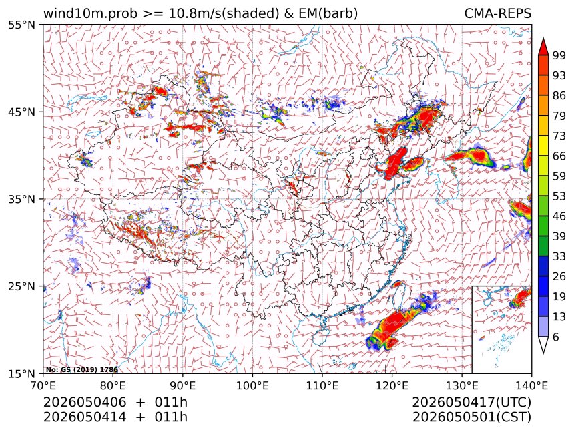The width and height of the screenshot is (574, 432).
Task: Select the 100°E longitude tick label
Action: [252, 385]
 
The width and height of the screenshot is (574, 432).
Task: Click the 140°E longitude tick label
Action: [531, 385]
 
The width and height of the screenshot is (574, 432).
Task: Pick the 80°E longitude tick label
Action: [113, 385]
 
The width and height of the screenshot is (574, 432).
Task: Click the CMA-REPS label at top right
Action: [497, 13]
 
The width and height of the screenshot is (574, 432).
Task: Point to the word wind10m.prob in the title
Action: [90, 13]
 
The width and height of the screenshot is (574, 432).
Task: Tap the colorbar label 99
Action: [559, 55]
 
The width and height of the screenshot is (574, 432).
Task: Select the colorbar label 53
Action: [559, 196]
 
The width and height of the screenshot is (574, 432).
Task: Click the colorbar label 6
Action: [557, 337]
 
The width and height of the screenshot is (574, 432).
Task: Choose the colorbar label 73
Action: [559, 136]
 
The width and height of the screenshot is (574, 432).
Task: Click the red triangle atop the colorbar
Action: [543, 47]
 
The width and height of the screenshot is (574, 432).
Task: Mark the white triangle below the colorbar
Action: [543, 344]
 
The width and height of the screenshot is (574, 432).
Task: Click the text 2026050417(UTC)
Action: [471, 402]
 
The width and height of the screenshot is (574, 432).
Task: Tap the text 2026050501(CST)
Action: [471, 417]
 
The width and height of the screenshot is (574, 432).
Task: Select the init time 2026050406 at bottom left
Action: [85, 402]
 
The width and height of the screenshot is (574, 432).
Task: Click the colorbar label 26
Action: [559, 276]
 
